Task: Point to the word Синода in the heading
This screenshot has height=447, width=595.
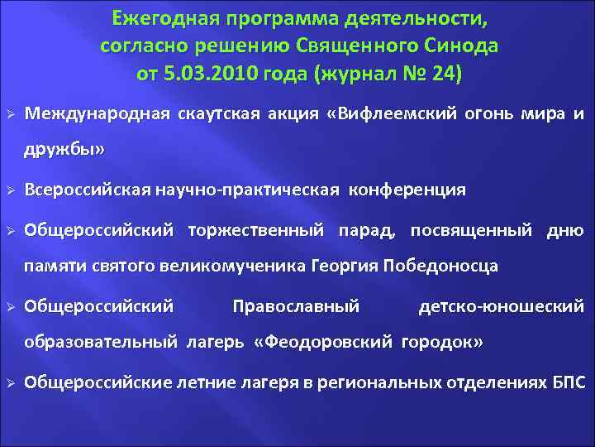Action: (x=464, y=45)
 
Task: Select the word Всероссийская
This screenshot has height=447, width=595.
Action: (x=88, y=190)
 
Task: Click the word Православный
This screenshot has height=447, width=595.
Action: (x=296, y=306)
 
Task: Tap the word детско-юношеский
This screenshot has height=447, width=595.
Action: (x=501, y=306)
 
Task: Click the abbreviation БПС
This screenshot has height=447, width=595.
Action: (x=569, y=382)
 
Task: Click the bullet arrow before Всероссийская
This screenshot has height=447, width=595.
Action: (x=12, y=190)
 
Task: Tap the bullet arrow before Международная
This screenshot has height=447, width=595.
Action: (x=12, y=113)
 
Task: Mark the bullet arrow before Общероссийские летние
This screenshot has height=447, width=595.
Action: (x=12, y=382)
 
